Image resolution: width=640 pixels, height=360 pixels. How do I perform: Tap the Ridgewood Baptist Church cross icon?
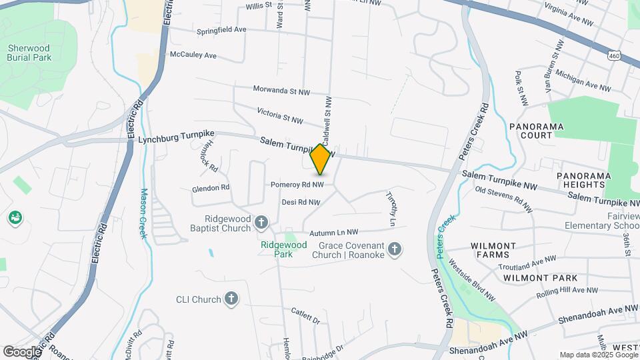261,222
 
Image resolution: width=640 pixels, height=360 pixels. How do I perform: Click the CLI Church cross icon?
231,299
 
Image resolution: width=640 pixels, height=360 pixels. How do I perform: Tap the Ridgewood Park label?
283,249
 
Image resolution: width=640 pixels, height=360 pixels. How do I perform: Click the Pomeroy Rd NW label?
297,184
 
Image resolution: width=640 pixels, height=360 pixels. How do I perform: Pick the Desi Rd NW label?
301,201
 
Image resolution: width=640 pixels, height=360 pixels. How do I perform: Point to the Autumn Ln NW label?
335,232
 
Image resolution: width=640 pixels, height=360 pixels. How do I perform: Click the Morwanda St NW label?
282,90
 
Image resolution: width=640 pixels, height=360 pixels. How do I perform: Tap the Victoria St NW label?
280,115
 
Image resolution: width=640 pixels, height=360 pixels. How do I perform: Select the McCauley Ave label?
193,55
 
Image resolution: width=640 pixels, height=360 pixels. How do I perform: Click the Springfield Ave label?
221,30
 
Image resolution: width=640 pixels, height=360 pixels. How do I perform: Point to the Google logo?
22,351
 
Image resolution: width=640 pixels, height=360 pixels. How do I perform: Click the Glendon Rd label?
211,188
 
